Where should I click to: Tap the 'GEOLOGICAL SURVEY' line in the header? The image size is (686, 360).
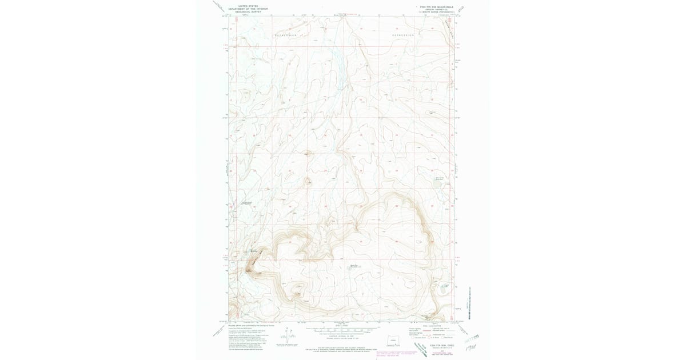point(248,11)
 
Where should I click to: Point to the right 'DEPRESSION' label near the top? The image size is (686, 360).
point(402,35)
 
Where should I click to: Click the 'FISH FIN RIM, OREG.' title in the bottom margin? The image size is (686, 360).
point(440,345)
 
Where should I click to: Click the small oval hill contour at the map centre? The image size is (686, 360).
point(308,182)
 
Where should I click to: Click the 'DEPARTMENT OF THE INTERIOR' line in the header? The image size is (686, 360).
point(248,9)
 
